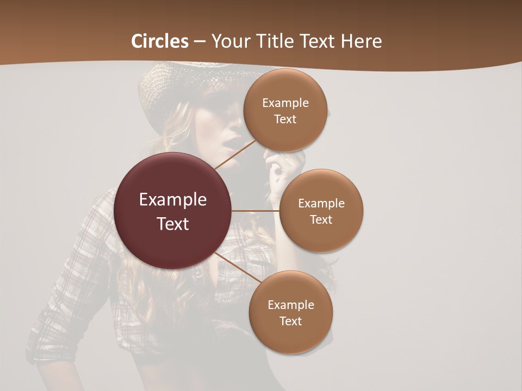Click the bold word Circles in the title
(160, 41)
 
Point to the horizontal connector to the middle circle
(256, 211)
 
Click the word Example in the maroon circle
(173, 200)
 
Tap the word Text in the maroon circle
(173, 224)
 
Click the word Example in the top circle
(285, 103)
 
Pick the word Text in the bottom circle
(291, 321)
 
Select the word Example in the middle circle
(321, 204)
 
